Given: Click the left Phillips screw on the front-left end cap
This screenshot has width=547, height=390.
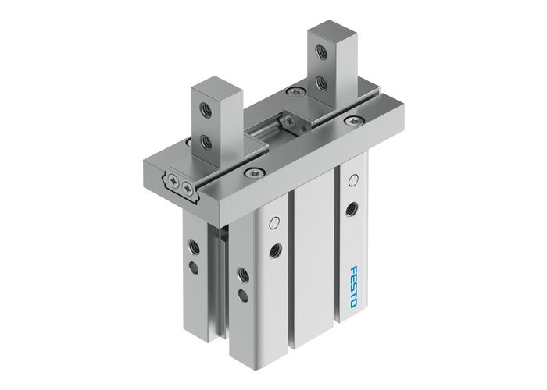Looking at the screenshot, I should click(x=177, y=180).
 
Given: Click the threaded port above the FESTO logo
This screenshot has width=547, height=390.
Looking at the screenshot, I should click(x=353, y=207).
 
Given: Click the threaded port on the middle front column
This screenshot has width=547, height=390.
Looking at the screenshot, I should click(x=275, y=250).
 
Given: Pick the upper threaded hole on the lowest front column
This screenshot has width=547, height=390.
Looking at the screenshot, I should click(x=242, y=273).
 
